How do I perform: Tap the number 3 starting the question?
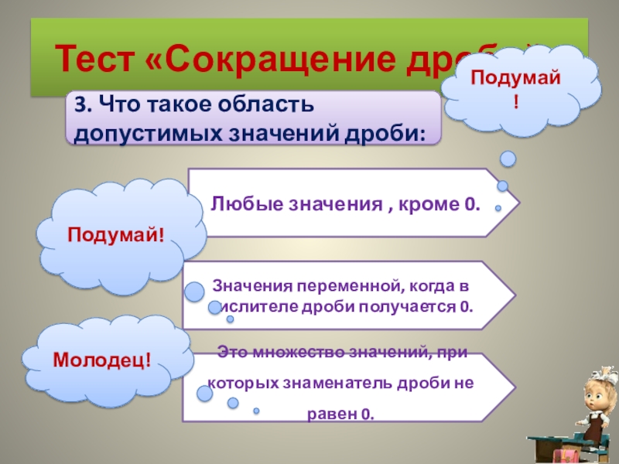coord(80,105)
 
